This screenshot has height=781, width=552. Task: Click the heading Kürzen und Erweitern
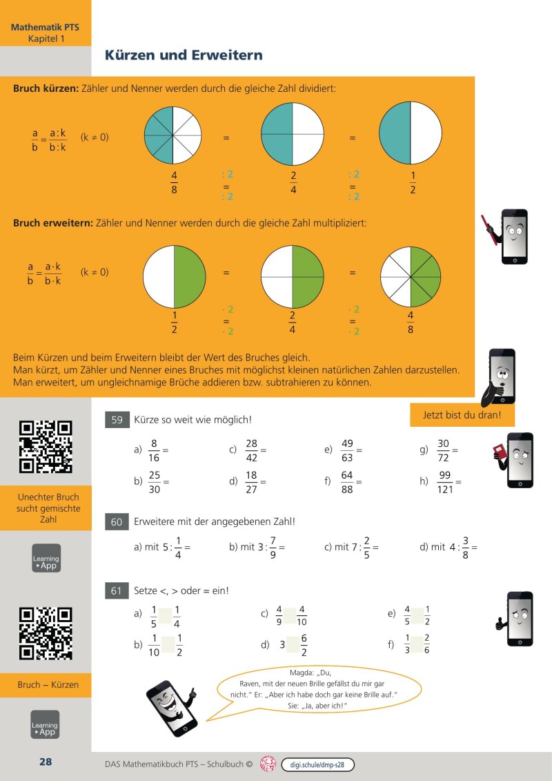point(184,55)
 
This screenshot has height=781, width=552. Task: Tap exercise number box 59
point(117,419)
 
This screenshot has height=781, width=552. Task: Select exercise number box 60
point(117,522)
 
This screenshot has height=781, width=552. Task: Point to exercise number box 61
point(117,590)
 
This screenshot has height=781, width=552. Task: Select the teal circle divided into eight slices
point(172,134)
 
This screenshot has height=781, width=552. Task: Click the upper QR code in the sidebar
point(45,447)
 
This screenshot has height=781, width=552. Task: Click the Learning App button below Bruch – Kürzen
point(45,724)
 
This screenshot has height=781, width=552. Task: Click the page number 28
point(46,762)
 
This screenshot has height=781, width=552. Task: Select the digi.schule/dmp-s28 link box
point(317,764)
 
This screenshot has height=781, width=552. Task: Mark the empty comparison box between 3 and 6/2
point(293,646)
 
